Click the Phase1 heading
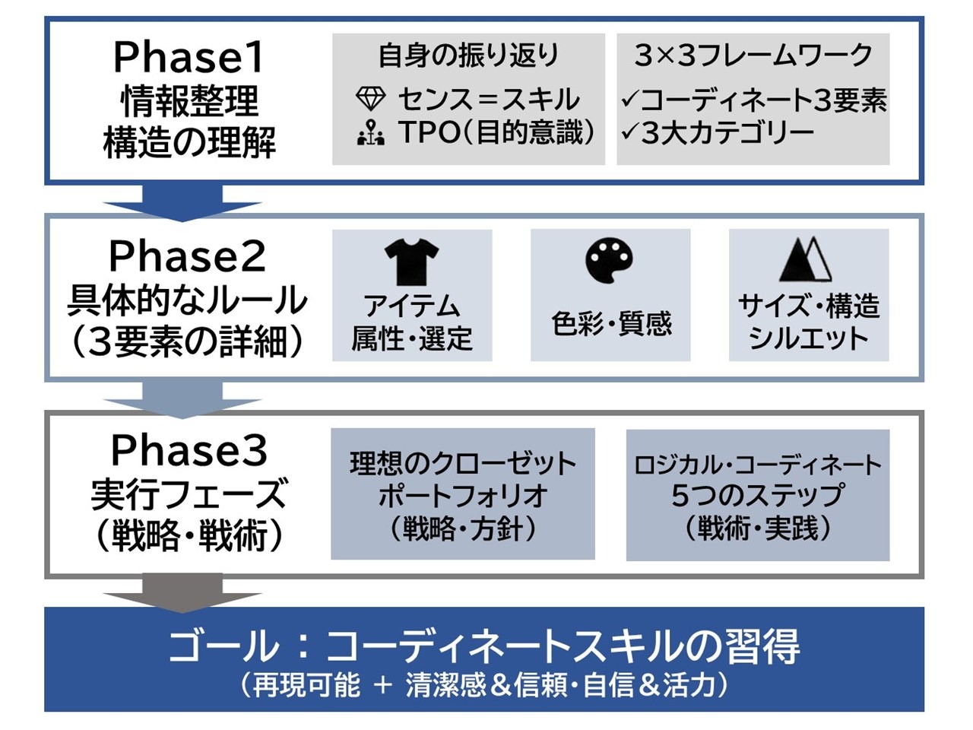(189, 57)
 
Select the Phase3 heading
(189, 450)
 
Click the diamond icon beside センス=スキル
(370, 99)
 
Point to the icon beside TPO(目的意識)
(370, 133)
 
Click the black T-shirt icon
(411, 261)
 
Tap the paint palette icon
(610, 260)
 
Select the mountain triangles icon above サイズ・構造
(806, 259)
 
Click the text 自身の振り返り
(468, 56)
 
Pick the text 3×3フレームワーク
(753, 56)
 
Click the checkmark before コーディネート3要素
(629, 100)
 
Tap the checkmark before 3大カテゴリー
(629, 133)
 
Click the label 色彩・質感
(611, 323)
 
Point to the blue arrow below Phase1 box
(182, 205)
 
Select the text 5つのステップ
(757, 495)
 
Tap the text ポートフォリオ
(462, 495)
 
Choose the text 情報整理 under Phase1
(189, 100)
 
